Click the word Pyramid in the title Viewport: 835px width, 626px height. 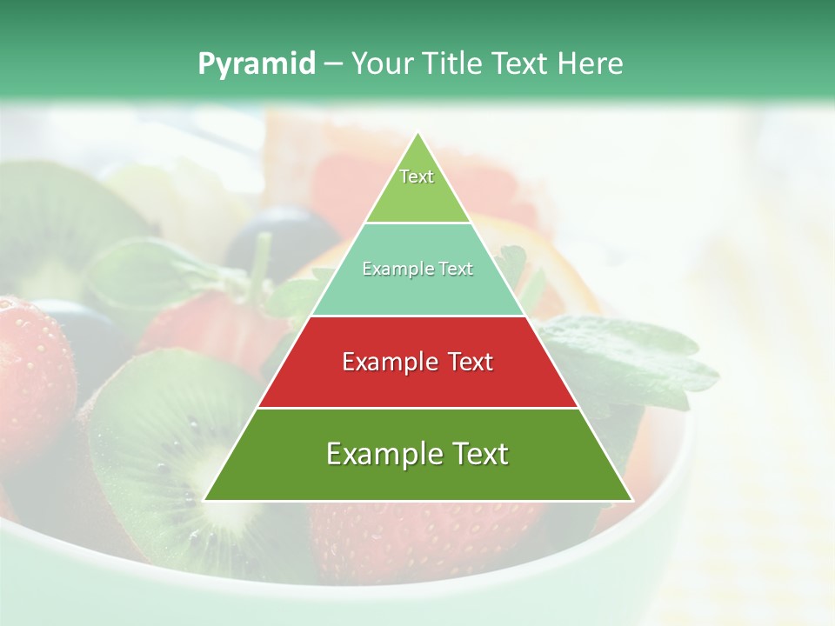(256, 64)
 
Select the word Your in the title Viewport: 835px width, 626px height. (383, 64)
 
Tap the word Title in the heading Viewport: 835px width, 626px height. (454, 64)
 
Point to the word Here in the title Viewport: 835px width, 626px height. (591, 64)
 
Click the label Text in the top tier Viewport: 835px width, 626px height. (417, 176)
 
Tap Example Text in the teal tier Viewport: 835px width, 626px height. (417, 270)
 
